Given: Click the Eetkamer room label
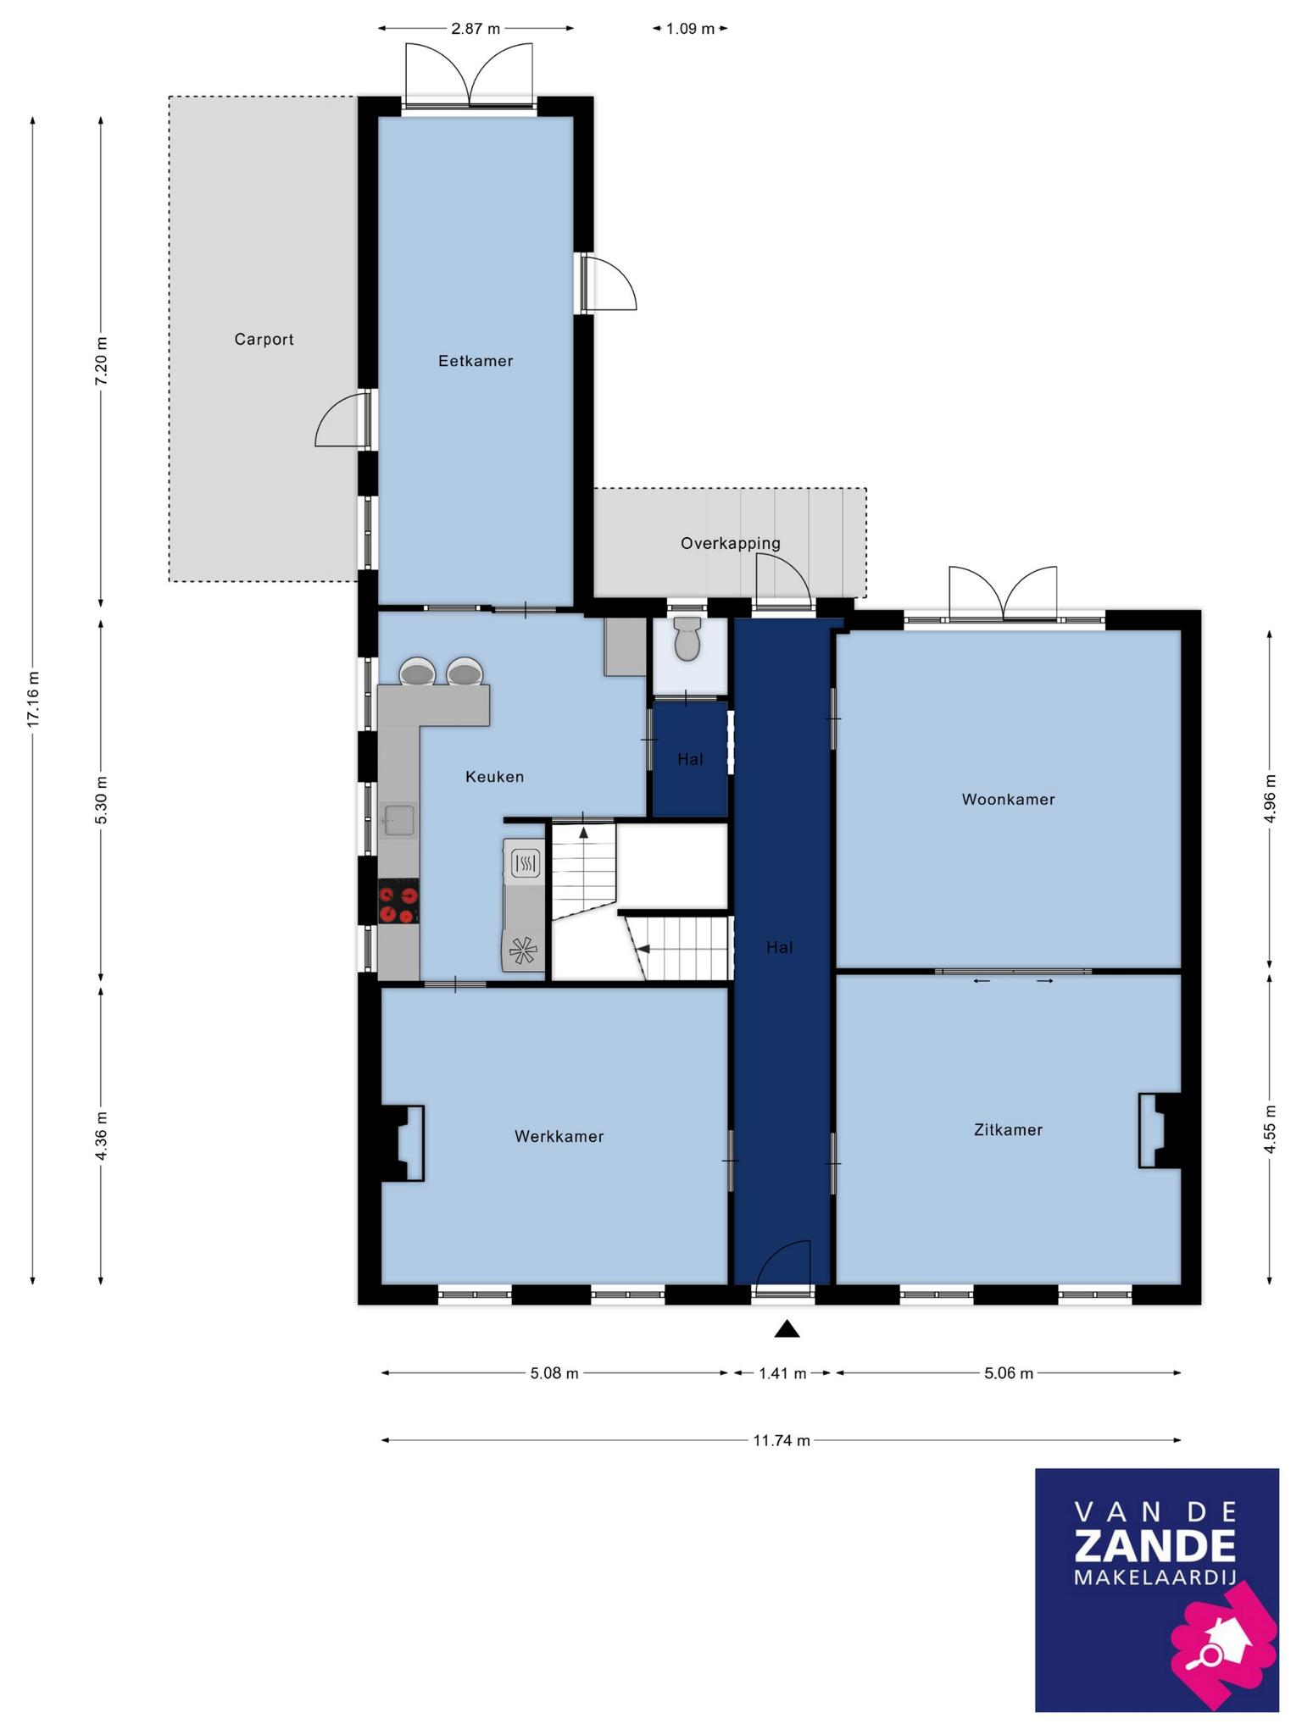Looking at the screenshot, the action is (x=476, y=361).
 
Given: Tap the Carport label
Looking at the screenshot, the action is (x=264, y=340).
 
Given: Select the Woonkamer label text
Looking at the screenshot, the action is (x=1008, y=799).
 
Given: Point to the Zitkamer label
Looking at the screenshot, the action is (x=1008, y=1129).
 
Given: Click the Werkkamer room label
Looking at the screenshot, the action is (x=559, y=1136).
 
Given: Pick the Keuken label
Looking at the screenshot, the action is (x=494, y=776).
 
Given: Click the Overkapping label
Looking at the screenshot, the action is (x=730, y=544).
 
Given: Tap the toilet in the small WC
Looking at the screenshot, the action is (x=687, y=639).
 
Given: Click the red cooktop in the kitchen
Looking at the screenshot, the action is (x=398, y=901).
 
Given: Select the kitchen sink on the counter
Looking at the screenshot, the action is (x=399, y=821).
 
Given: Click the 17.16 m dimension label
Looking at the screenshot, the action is (x=33, y=699).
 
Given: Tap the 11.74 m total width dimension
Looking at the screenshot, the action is (x=782, y=1440).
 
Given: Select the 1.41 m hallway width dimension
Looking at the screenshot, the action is (x=782, y=1373).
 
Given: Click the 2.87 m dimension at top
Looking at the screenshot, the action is (x=476, y=29).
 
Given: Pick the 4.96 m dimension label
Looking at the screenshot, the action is (x=1270, y=798).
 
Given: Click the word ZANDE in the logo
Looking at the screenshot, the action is (x=1156, y=1546).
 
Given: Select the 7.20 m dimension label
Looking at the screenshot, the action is (x=102, y=361).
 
